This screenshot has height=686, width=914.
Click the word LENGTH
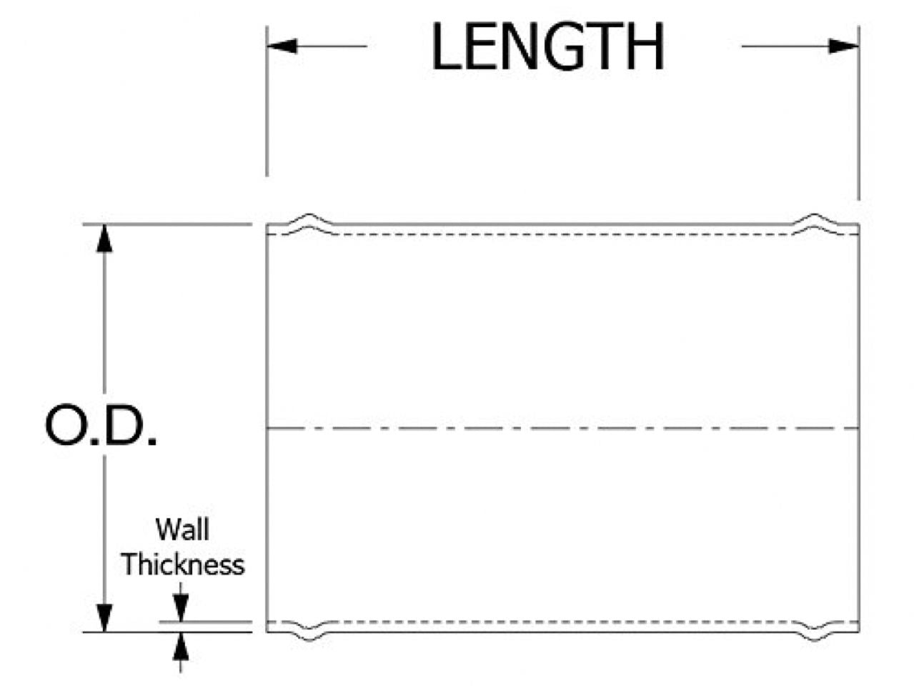tap(548, 47)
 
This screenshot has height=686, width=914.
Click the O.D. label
tap(101, 426)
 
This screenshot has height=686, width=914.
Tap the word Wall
tap(182, 530)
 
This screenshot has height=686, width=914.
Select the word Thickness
tap(182, 565)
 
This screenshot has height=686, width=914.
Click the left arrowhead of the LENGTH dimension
tap(282, 46)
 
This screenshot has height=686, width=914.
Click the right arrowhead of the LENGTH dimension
tap(843, 46)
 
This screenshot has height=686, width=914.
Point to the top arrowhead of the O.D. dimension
tap(105, 239)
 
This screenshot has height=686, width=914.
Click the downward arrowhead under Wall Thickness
tap(181, 610)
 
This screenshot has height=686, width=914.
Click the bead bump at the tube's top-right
tap(815, 219)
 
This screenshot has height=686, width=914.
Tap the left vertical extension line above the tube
tap(267, 107)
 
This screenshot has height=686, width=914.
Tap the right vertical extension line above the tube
tap(858, 114)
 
